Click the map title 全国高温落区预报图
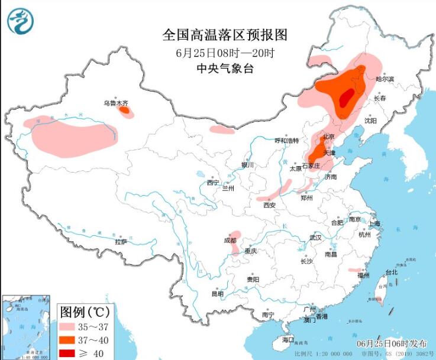tap(225, 35)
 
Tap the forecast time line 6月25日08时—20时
tap(225, 53)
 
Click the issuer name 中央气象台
tap(225, 69)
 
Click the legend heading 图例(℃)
tap(87, 311)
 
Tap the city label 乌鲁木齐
tap(116, 103)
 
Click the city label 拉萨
tap(121, 241)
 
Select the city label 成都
tap(230, 241)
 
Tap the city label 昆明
tap(217, 294)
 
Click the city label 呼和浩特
tap(288, 141)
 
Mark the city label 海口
tap(288, 340)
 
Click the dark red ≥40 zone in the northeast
tap(346, 98)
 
